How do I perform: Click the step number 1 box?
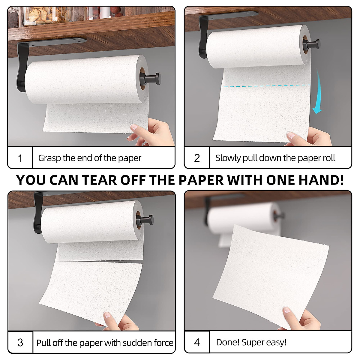coord(20,158)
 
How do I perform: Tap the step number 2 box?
coord(197,158)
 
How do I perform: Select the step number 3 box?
coord(20,342)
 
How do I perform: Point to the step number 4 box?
coord(197,342)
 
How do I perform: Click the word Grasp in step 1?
coord(49,158)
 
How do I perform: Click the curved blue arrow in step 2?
coord(318,93)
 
